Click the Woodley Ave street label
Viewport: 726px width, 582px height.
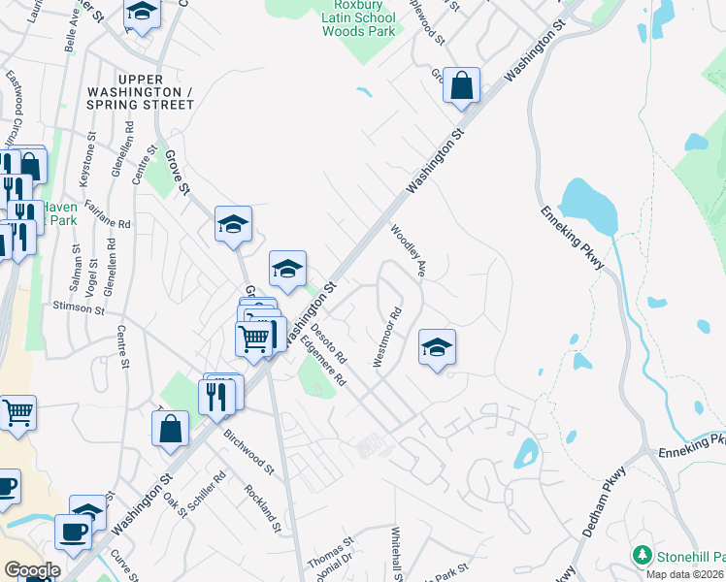pyautogui.click(x=409, y=251)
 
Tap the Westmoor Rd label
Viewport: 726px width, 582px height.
pyautogui.click(x=385, y=338)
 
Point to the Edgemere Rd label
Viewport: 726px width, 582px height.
pyautogui.click(x=323, y=360)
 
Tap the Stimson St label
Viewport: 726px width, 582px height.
pyautogui.click(x=78, y=308)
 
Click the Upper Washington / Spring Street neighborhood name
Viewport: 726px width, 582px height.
pyautogui.click(x=156, y=90)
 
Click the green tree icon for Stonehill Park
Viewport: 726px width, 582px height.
pyautogui.click(x=642, y=555)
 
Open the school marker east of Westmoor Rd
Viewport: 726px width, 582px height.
pyautogui.click(x=437, y=346)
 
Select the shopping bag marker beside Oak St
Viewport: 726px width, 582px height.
pyautogui.click(x=170, y=429)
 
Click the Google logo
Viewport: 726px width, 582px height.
pyautogui.click(x=32, y=570)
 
